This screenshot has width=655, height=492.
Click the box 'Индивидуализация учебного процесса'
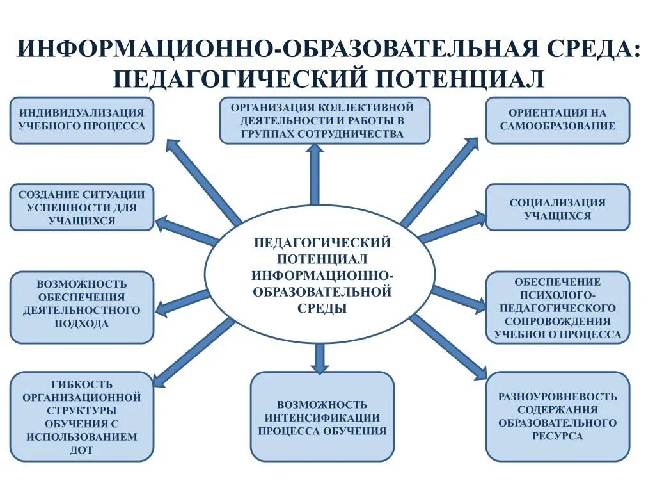click(x=82, y=120)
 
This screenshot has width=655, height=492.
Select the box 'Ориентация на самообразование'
click(x=558, y=120)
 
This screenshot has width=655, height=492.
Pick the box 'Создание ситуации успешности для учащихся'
click(x=82, y=208)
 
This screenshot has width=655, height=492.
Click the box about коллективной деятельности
click(x=325, y=120)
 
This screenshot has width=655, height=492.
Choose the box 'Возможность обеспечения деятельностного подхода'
click(x=82, y=307)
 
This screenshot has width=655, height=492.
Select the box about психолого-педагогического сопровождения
click(x=558, y=307)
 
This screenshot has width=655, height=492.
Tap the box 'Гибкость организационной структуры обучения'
click(x=82, y=416)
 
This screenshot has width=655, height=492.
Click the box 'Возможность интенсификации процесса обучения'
click(x=322, y=416)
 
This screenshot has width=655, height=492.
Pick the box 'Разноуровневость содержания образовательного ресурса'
click(x=558, y=416)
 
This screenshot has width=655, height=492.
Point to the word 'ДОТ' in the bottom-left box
click(x=82, y=450)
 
